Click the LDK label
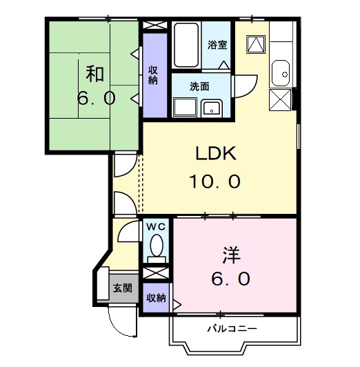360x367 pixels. click(x=213, y=153)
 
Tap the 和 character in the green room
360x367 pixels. click(x=95, y=72)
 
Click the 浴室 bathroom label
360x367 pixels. click(x=217, y=45)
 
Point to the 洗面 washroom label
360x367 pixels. click(x=200, y=87)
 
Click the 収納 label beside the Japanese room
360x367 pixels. click(x=153, y=74)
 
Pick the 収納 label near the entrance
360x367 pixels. click(x=155, y=297)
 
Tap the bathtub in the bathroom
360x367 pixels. click(x=186, y=46)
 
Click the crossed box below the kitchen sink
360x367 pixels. click(x=281, y=101)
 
